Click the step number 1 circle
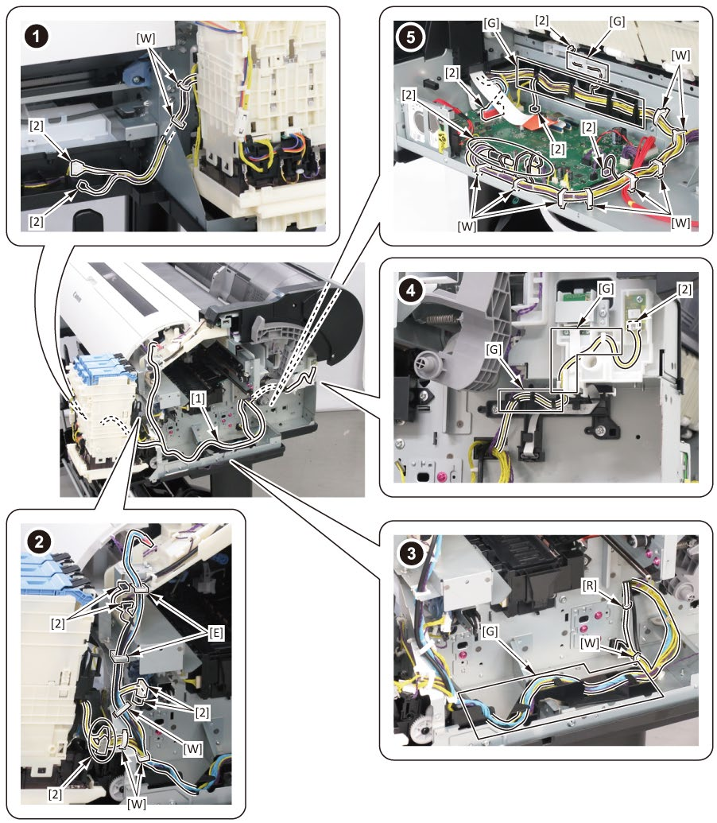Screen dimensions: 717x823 point(37,37)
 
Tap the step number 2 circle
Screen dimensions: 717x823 point(39,541)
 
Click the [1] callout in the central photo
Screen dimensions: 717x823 point(198,398)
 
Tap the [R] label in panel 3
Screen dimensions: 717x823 point(590,584)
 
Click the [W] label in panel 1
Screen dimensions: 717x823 point(145,38)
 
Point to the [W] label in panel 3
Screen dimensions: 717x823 point(590,642)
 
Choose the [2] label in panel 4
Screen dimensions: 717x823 point(684,289)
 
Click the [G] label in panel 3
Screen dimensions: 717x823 point(490,631)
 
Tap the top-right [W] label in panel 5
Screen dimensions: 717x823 point(680,55)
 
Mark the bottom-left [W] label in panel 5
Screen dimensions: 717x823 point(467,226)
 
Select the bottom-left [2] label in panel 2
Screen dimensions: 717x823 point(55,794)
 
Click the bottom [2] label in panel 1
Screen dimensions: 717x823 point(36,222)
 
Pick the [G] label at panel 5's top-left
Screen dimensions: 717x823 point(491,24)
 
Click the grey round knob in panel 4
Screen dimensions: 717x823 point(424,363)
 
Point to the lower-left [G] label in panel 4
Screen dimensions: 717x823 point(494,349)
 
